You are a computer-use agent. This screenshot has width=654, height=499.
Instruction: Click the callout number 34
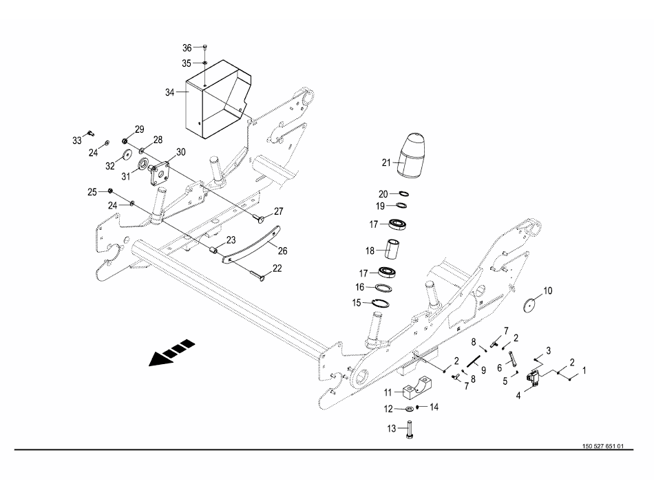click(170, 92)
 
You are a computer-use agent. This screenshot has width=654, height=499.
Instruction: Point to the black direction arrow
click(171, 352)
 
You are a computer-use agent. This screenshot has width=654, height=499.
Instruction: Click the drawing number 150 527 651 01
click(603, 446)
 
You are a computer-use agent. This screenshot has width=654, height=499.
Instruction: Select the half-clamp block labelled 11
click(419, 386)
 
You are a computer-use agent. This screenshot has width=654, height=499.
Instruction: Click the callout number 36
click(187, 48)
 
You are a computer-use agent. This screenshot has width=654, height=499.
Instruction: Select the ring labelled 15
click(381, 304)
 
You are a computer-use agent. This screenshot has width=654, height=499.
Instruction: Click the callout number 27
click(278, 211)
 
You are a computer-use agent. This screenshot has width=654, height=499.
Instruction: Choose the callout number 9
click(483, 370)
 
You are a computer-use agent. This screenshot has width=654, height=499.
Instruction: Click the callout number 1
click(584, 370)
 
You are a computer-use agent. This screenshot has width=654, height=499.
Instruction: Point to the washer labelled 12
click(409, 409)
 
